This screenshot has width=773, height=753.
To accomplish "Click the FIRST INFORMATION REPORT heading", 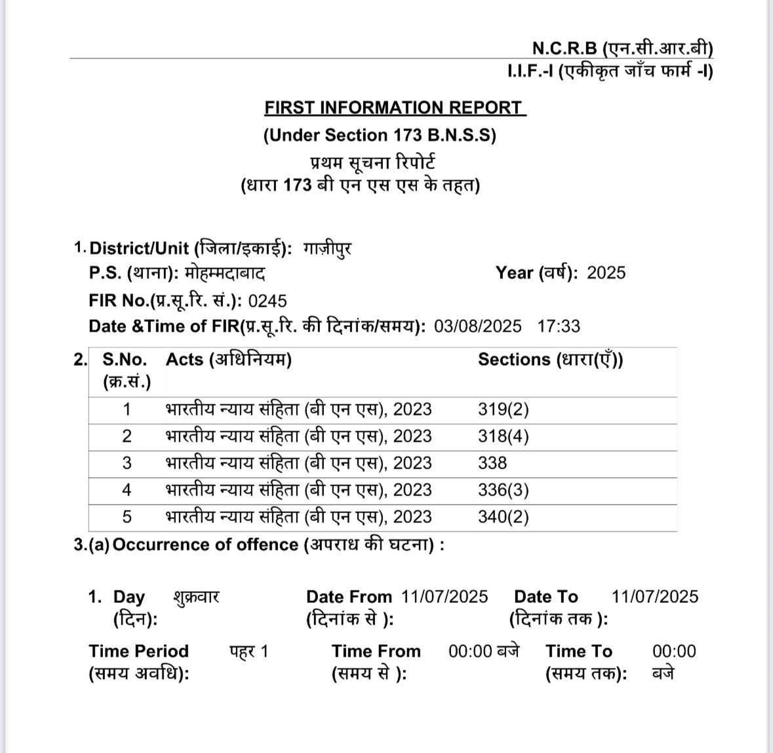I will tap(395, 107).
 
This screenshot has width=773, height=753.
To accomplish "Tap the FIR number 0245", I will tap(268, 301).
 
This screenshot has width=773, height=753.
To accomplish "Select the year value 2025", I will tap(606, 273).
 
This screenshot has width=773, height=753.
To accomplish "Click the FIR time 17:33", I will tap(559, 326).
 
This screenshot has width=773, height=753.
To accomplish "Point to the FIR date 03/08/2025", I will tap(478, 326).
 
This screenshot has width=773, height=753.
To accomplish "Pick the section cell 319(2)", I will tap(503, 410).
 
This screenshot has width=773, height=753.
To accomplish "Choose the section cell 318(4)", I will tap(503, 436).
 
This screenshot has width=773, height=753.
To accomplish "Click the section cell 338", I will tap(492, 463).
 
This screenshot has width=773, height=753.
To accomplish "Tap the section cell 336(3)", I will tap(503, 490).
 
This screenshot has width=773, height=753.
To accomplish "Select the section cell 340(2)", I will tap(503, 517).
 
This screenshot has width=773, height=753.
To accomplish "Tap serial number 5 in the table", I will tap(127, 517).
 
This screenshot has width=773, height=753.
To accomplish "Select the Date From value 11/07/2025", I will tap(445, 596).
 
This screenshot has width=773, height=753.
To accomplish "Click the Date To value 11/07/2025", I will tap(654, 596).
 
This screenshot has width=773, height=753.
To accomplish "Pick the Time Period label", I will tap(138, 651).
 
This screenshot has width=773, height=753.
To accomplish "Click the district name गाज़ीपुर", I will tap(327, 249).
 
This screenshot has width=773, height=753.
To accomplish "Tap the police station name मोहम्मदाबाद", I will tap(225, 273).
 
